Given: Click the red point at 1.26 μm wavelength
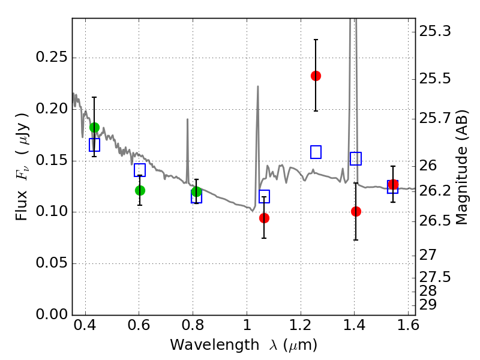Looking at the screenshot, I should (316, 76).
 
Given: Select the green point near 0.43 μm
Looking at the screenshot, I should (94, 127).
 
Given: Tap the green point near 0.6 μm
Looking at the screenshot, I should (140, 190).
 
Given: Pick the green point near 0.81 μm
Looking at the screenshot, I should (196, 191).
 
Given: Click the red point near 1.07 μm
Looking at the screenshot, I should (264, 218).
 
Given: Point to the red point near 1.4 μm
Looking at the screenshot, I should (356, 211).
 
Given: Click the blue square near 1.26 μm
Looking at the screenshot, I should (316, 152).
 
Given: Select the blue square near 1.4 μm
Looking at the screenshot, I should (356, 158).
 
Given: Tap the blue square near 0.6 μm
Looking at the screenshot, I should (140, 170).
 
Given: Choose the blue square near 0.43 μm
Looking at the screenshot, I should (94, 145).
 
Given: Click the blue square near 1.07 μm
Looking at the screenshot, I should (264, 196).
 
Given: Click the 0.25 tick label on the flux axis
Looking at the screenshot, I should (53, 58).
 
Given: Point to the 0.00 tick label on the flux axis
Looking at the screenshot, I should (53, 314).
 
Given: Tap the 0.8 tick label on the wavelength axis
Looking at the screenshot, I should (193, 328).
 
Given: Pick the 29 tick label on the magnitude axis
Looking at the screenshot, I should (430, 305).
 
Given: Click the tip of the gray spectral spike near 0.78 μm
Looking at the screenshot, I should (188, 119).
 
